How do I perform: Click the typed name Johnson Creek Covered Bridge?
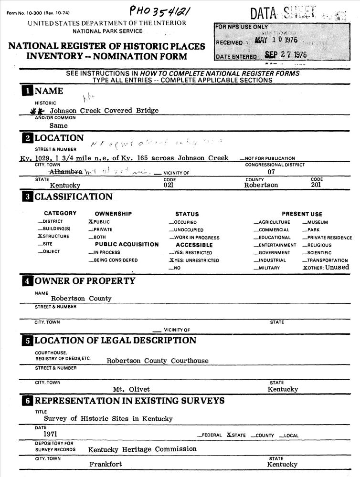(x=104, y=111)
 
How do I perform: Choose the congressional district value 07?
(x=271, y=172)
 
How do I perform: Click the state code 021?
(x=169, y=185)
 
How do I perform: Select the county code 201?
(x=316, y=185)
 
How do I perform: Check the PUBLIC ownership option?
(x=99, y=222)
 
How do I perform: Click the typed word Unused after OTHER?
(x=337, y=268)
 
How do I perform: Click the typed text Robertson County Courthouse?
(x=158, y=361)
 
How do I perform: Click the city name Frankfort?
(x=106, y=464)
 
